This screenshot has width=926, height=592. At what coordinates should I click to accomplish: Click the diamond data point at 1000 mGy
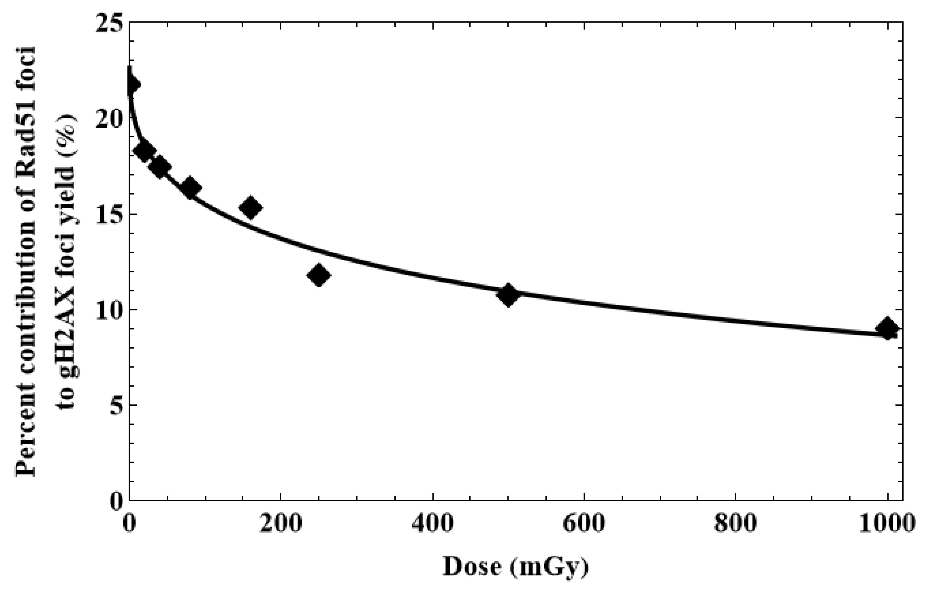pyautogui.click(x=887, y=328)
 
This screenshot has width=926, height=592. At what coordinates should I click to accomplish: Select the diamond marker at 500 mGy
pyautogui.click(x=508, y=295)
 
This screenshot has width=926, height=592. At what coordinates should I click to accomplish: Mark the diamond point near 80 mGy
pyautogui.click(x=190, y=188)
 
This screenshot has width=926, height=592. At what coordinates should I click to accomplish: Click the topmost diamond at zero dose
pyautogui.click(x=132, y=84)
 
